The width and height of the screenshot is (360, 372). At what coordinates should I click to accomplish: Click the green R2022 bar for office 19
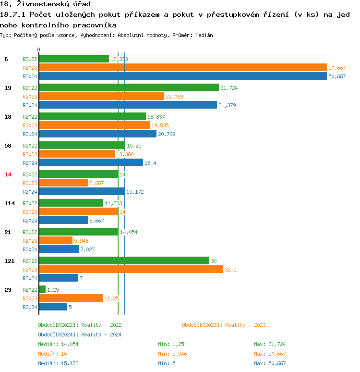129,88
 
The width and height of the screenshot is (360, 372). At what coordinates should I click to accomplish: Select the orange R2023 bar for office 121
131,270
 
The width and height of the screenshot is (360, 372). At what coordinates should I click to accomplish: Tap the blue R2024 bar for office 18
97,134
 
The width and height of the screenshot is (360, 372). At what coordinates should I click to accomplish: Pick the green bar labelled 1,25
42,290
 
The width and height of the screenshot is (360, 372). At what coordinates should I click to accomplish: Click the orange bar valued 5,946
56,241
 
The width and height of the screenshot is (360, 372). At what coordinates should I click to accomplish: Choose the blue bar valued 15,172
82,192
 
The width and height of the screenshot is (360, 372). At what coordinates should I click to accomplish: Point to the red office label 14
8,174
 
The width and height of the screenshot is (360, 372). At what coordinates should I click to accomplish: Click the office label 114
10,203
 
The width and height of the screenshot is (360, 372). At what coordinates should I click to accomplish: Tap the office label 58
8,146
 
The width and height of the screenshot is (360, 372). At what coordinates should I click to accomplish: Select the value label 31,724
229,88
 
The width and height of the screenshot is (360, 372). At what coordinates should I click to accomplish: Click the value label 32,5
231,270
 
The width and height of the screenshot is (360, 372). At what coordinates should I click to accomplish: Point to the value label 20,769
167,134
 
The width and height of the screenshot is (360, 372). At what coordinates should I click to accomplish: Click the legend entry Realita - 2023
224,325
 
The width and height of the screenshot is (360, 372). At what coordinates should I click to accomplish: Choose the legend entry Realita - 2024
80,335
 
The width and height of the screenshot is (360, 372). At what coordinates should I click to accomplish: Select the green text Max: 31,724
270,344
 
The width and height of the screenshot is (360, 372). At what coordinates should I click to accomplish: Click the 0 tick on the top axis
39,50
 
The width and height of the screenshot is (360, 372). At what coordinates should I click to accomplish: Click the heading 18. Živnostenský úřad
45,4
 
